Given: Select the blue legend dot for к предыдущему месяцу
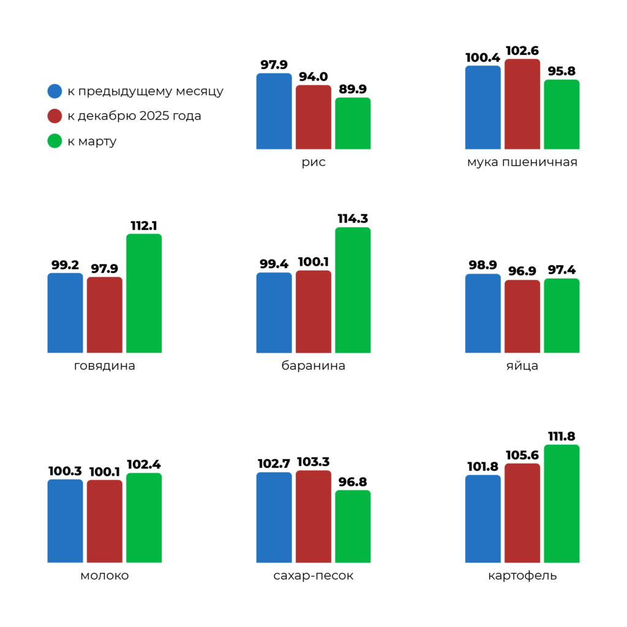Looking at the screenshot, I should point(55,91).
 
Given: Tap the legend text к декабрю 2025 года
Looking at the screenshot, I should point(134,116).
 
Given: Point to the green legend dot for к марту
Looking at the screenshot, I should point(55,141).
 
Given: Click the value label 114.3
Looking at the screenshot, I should point(353,219).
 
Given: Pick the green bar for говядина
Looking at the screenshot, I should point(144,293).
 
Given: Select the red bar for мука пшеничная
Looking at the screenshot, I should point(522,104).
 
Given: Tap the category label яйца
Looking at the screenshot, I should point(522,366).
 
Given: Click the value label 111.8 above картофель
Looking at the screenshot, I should point(561,437).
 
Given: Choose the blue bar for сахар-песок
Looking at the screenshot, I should point(274,517).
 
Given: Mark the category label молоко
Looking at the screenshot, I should point(105,576).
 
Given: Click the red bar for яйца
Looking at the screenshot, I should point(522,317).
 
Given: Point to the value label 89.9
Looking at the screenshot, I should point(353,89).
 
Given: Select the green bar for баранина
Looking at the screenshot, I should point(353,290).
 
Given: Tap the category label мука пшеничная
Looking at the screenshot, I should point(522,163).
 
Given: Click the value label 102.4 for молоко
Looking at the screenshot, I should point(144,464).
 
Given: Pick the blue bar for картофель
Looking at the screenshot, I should point(482,519).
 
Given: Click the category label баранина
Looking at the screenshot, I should point(313,366).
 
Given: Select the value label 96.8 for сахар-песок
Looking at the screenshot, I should point(353,482).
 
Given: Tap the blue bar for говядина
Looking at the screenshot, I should point(65,313).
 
